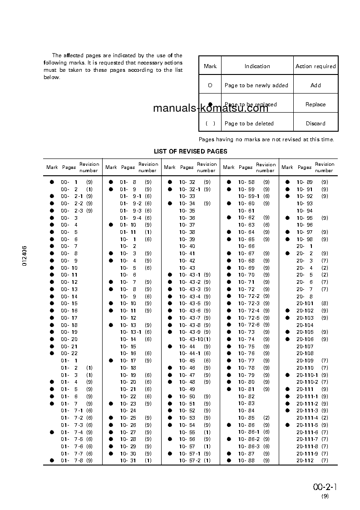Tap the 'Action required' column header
pyautogui.click(x=316, y=66)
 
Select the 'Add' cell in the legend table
pyautogui.click(x=316, y=85)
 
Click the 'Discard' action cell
pyautogui.click(x=316, y=124)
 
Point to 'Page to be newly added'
pyautogui.click(x=256, y=85)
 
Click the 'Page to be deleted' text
pyautogui.click(x=249, y=124)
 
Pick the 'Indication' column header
pyautogui.click(x=257, y=66)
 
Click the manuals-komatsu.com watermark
pyautogui.click(x=211, y=108)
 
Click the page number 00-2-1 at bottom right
pyautogui.click(x=325, y=487)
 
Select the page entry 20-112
pyautogui.click(x=305, y=460)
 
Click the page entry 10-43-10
pyautogui.click(x=191, y=339)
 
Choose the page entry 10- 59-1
pyautogui.click(x=248, y=196)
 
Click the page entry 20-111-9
pyautogui.click(x=307, y=453)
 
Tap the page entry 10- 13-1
pyautogui.click(x=130, y=332)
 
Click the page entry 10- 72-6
pyautogui.click(x=248, y=325)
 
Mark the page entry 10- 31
pyautogui.click(x=128, y=460)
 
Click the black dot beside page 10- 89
pyautogui.click(x=287, y=182)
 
